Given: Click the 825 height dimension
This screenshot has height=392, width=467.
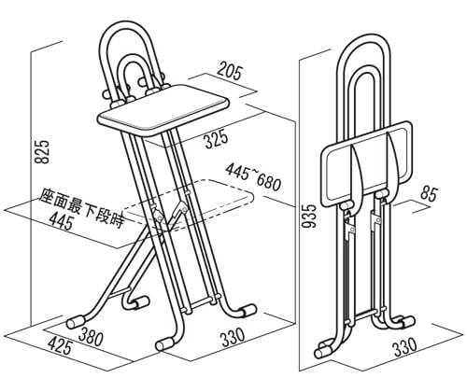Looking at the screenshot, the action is tap(41, 152).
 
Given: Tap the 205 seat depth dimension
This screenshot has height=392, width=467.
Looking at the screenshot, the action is tap(229, 71).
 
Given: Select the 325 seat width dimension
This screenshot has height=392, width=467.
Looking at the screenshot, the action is tap(217, 139).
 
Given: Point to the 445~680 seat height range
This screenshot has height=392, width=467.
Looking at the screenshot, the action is tap(253, 176).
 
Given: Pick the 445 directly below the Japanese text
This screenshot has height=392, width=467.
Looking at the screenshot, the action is tap(61, 222).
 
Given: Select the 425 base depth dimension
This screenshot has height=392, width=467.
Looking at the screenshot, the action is tap(60, 346).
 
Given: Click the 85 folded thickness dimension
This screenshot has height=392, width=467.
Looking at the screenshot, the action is tap(429, 194).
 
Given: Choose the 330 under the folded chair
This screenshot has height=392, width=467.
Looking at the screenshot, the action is tap(405, 346).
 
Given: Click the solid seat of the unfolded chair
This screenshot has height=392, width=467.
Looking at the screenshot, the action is tap(163, 110).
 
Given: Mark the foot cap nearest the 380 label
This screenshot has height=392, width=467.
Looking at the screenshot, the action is tap(76, 322).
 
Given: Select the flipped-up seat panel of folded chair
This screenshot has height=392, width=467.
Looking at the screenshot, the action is tap(367, 163).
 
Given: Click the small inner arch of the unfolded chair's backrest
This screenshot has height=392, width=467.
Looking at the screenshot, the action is tap(133, 59).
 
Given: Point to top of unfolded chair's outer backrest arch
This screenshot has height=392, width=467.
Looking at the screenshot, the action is tap(126, 23).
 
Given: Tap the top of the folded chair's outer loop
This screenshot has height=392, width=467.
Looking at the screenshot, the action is tap(363, 34).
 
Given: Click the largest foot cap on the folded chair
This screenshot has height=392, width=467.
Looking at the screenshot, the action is tap(324, 352).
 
